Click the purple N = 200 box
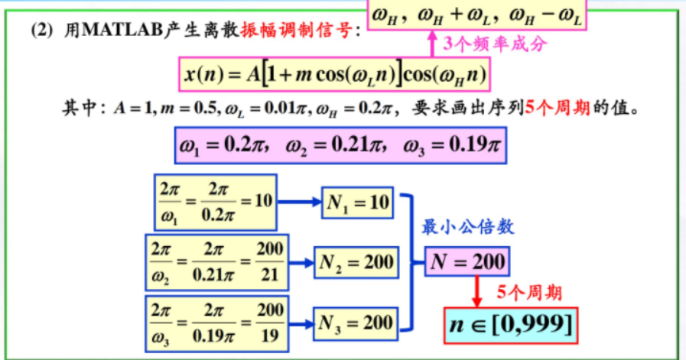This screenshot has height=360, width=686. tap(467, 262)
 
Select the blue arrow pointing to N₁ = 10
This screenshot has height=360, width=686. tap(299, 203)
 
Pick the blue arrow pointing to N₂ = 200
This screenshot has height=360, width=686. tap(303, 262)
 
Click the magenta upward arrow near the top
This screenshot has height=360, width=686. tap(430, 44)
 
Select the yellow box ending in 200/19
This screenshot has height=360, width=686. tap(216, 320)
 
